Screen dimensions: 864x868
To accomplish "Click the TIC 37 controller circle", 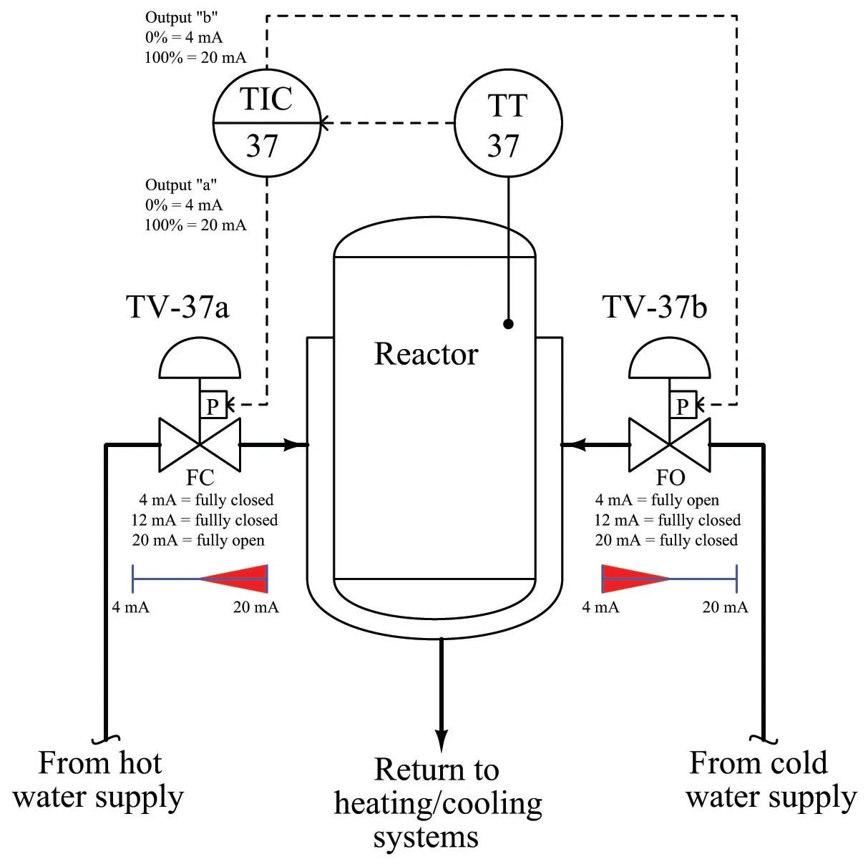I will (266, 123).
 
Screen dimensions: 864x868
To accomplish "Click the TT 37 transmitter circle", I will (508, 123).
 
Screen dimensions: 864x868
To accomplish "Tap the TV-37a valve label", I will (177, 307).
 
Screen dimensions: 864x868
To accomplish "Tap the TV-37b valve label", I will (655, 307).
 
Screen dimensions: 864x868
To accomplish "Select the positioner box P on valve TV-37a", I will (213, 406).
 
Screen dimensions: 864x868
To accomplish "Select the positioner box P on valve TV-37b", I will (682, 406).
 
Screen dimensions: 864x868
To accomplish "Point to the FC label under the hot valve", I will (200, 478).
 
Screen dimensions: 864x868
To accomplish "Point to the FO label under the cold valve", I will (670, 478).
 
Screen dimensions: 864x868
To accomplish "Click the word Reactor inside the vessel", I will (426, 354).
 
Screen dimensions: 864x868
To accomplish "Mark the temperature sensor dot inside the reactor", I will (508, 324).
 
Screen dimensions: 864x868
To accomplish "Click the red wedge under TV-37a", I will (240, 579).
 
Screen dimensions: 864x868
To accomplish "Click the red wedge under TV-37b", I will (630, 579).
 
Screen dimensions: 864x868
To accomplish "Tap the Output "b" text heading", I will (181, 17).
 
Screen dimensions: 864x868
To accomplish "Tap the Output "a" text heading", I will (181, 185).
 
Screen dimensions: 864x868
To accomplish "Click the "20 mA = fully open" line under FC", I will (198, 541).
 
